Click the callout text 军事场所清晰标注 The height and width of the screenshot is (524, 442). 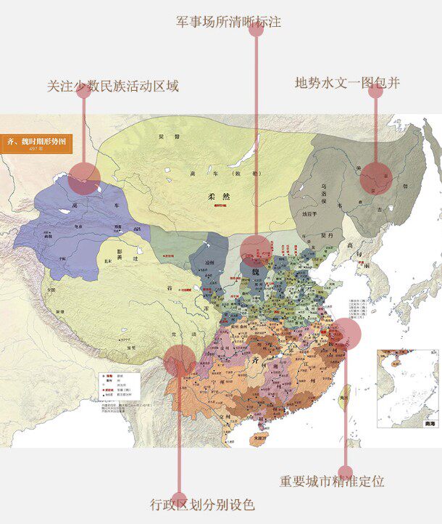(x=229, y=22)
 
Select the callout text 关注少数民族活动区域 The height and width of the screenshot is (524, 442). (x=112, y=86)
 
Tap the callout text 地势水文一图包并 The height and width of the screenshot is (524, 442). (x=347, y=83)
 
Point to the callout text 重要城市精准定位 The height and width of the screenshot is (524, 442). (x=332, y=481)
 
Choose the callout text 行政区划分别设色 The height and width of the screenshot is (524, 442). (x=202, y=504)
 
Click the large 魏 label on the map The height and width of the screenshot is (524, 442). (x=257, y=271)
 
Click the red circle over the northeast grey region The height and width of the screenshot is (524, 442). (x=376, y=177)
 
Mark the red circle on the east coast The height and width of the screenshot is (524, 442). (x=346, y=332)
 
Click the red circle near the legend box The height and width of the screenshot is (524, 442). (x=180, y=360)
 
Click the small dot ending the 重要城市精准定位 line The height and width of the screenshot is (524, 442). (x=346, y=472)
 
